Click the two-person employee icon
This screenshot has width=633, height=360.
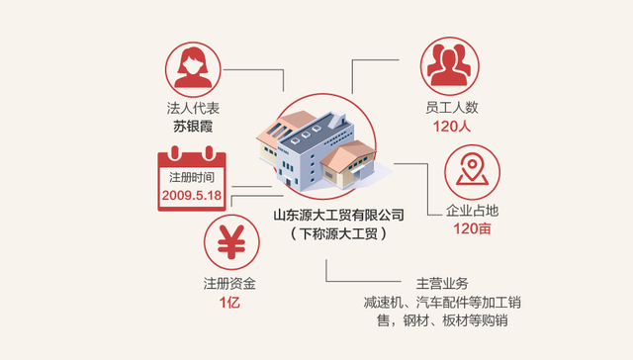point(448,66)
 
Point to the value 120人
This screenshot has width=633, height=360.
point(448,126)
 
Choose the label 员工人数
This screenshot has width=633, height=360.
point(448,109)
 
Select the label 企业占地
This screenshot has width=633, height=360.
point(473,211)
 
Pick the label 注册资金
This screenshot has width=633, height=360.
point(229,284)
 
